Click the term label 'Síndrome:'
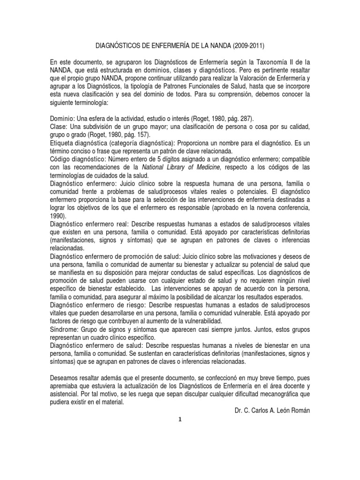pos(64,330)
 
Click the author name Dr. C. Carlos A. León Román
pos(272,411)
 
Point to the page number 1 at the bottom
pos(180,420)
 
